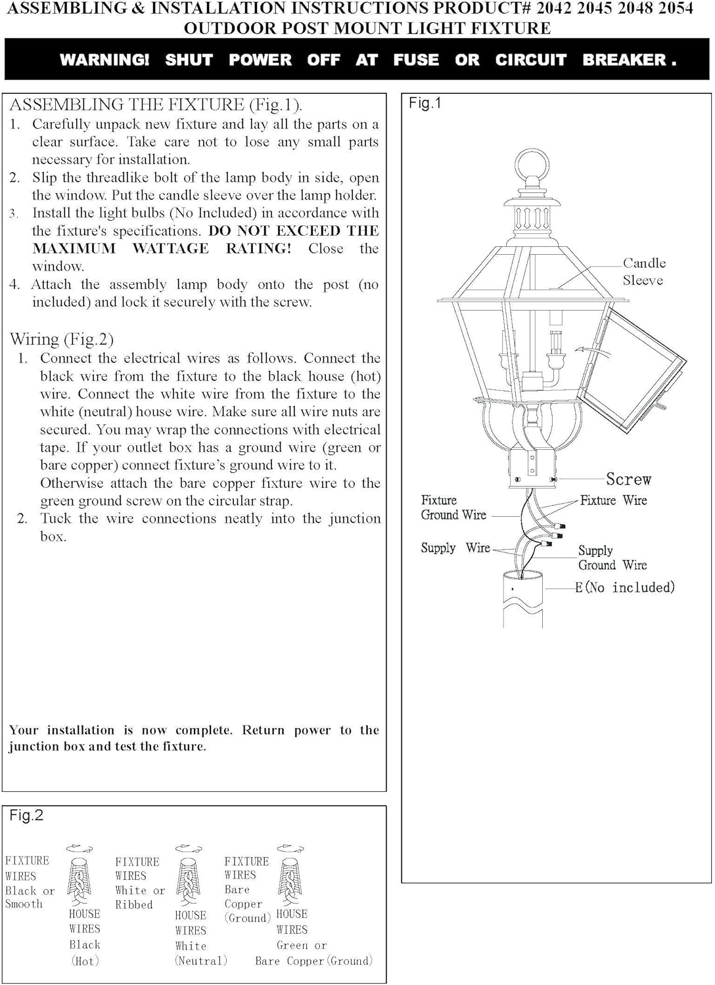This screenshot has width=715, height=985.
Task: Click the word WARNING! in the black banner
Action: click(x=104, y=60)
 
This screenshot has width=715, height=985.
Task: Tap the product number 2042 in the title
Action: click(x=555, y=9)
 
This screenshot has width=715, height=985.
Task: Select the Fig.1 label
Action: click(x=425, y=103)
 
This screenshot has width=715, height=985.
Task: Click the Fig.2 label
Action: click(x=26, y=816)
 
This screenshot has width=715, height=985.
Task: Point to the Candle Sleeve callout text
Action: click(x=644, y=271)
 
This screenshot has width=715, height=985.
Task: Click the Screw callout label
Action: click(x=628, y=479)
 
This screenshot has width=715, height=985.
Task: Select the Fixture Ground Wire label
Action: click(x=453, y=508)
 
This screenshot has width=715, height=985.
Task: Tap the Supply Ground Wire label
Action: click(x=612, y=558)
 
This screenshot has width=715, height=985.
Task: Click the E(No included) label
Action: click(x=625, y=588)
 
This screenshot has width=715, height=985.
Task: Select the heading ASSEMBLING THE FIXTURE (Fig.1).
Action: click(x=156, y=105)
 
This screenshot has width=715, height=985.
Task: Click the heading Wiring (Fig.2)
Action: click(x=62, y=339)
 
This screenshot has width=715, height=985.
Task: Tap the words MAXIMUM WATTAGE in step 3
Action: click(x=120, y=249)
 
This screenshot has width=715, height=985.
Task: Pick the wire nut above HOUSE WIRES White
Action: click(x=188, y=880)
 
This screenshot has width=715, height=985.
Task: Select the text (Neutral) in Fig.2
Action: click(x=201, y=961)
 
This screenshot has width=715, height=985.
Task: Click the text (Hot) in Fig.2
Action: click(x=85, y=961)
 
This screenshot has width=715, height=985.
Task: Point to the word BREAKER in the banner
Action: click(x=624, y=60)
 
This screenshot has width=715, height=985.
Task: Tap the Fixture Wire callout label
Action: click(x=613, y=500)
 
